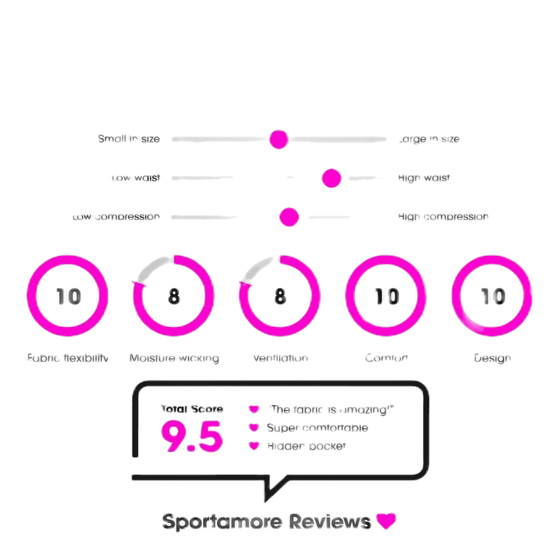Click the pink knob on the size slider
point(278,139)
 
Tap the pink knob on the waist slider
point(332,178)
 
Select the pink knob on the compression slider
point(289,217)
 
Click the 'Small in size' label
point(129,139)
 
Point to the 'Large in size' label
point(429,139)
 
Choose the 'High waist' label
point(424,178)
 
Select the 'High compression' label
point(443,217)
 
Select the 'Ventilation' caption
point(281,358)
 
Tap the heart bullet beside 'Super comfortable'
point(252,427)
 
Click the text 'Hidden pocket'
point(306,446)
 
